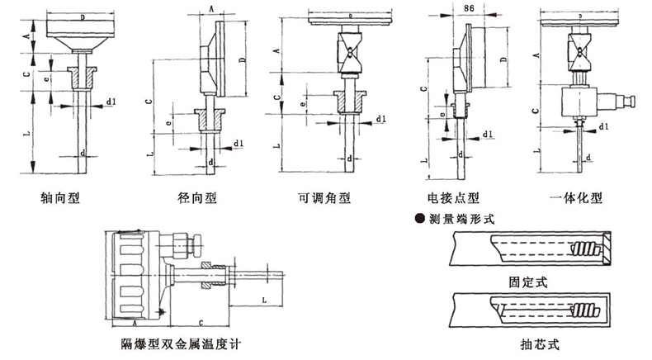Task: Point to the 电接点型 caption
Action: click(453, 198)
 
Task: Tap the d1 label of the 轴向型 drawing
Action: click(111, 102)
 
